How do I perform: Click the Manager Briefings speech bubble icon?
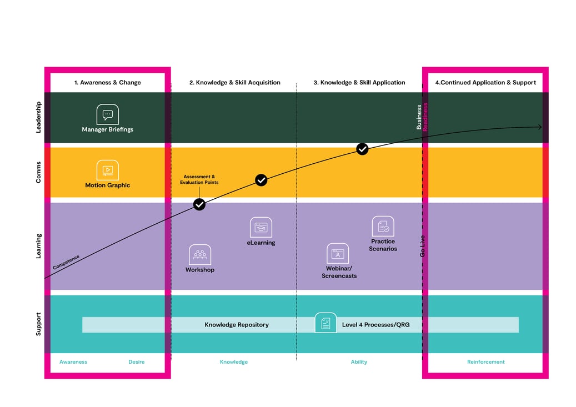[x=107, y=114]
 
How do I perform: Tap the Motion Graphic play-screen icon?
[x=107, y=170]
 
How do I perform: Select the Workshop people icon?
[x=199, y=254]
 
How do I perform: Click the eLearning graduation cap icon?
[x=261, y=227]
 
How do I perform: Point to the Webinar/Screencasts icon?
[x=337, y=253]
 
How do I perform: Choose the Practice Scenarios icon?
[x=383, y=226]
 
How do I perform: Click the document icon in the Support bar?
[x=325, y=323]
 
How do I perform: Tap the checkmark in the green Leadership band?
[x=362, y=149]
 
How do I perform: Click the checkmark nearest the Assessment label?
[x=199, y=204]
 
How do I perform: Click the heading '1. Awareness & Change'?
[x=108, y=83]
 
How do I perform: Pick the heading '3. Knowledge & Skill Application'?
[x=359, y=83]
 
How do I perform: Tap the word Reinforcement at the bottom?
[x=485, y=362]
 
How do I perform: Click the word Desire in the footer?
[x=136, y=362]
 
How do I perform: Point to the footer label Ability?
[x=359, y=362]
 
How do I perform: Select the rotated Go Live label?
[x=423, y=246]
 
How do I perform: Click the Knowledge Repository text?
[x=237, y=325]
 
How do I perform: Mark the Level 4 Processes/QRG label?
[x=375, y=325]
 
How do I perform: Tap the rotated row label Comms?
[x=38, y=172]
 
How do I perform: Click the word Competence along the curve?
[x=66, y=262]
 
